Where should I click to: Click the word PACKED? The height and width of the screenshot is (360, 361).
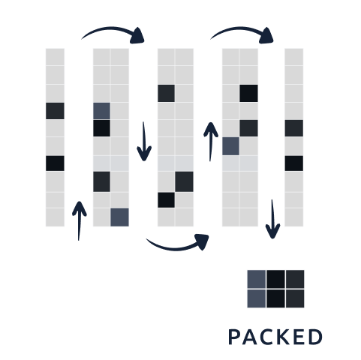275,337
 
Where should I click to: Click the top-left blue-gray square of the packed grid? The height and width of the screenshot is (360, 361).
257,279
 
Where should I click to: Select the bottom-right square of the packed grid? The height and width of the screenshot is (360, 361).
295,298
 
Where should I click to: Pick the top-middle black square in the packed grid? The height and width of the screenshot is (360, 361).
275,279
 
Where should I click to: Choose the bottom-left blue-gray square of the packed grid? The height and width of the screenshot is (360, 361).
257,298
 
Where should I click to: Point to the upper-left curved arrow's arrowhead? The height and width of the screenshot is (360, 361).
138,36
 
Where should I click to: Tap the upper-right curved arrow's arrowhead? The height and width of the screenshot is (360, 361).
267,36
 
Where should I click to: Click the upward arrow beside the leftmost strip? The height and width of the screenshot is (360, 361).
79,221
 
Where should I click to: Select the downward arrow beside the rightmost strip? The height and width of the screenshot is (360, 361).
272,219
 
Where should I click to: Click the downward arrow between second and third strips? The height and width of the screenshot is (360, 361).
144,142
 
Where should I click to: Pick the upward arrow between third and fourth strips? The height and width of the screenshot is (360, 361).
211,142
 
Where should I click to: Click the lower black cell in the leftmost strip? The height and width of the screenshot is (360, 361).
55,163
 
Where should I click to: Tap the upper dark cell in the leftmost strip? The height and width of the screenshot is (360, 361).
55,111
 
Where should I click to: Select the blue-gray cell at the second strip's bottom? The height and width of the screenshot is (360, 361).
120,217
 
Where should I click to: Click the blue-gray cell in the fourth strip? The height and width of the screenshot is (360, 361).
230,146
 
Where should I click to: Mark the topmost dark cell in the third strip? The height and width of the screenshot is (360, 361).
166,93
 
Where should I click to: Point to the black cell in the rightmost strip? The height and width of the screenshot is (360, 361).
294,163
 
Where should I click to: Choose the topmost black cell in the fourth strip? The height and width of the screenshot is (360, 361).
248,93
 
